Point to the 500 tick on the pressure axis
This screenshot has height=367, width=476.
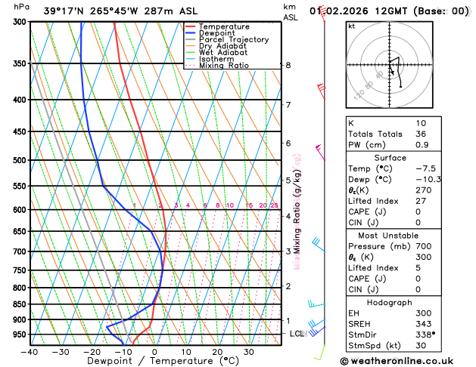tap(19, 160)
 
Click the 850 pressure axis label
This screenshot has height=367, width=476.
tap(19, 304)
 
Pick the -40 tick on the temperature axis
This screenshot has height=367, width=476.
tap(30, 352)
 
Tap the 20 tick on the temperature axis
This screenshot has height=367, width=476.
tap(217, 352)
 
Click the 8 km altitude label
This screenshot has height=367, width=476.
tap(288, 66)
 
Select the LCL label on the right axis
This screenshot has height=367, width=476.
tap(297, 334)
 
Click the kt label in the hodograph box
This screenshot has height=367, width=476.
tap(351, 26)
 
